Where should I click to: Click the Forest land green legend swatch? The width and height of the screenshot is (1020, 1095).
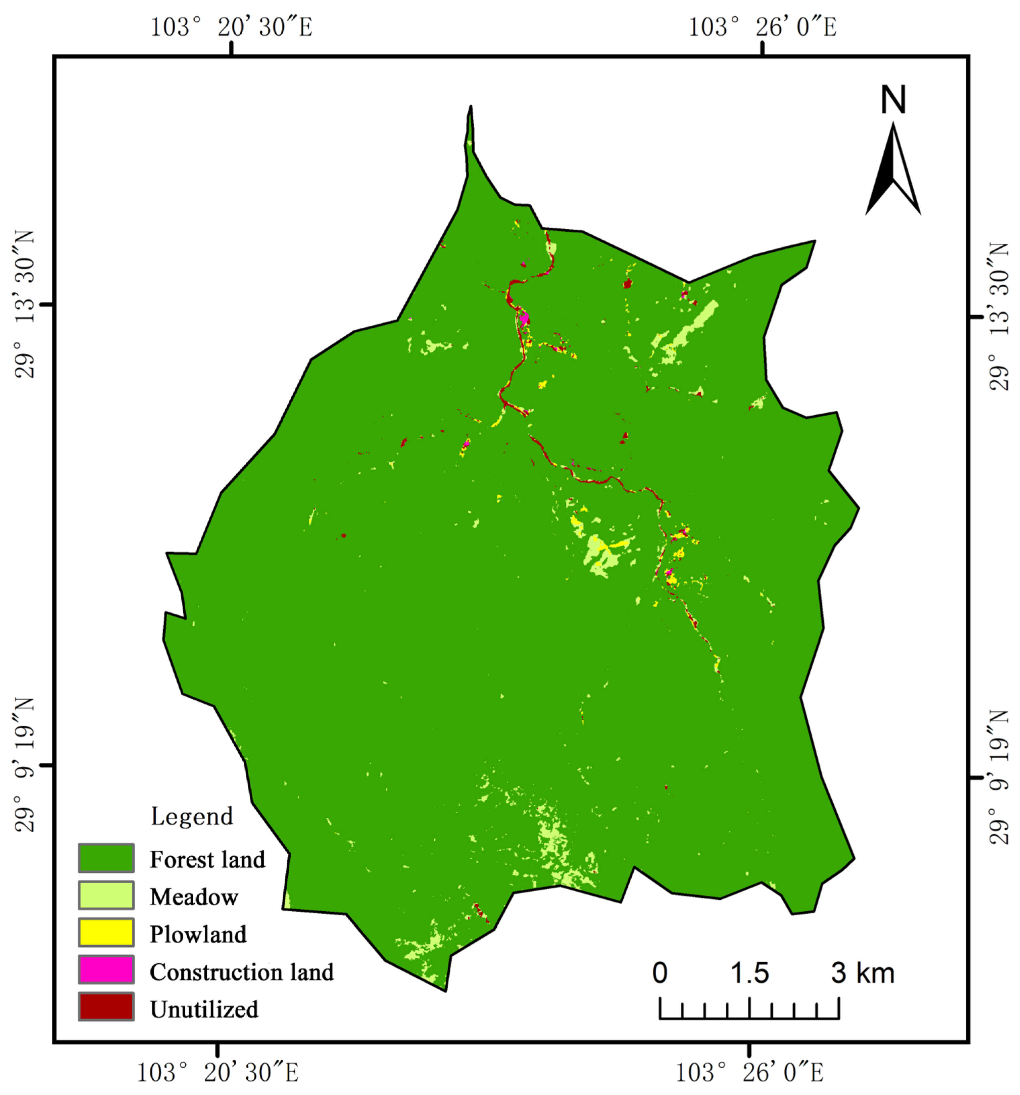(106, 858)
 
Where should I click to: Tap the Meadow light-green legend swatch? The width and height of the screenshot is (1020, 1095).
(106, 895)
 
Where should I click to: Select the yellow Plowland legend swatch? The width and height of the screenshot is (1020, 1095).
(106, 933)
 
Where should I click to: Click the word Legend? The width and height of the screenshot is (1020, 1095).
(192, 816)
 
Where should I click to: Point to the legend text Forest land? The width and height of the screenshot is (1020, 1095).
(207, 859)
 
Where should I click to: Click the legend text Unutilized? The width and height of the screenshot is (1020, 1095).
(204, 1009)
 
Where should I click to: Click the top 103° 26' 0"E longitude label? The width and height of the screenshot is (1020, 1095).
(762, 27)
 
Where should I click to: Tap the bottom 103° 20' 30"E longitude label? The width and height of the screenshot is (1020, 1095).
(217, 1072)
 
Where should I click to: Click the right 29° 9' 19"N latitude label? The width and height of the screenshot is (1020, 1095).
(999, 777)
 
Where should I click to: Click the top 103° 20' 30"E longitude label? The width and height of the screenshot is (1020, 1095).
(231, 27)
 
